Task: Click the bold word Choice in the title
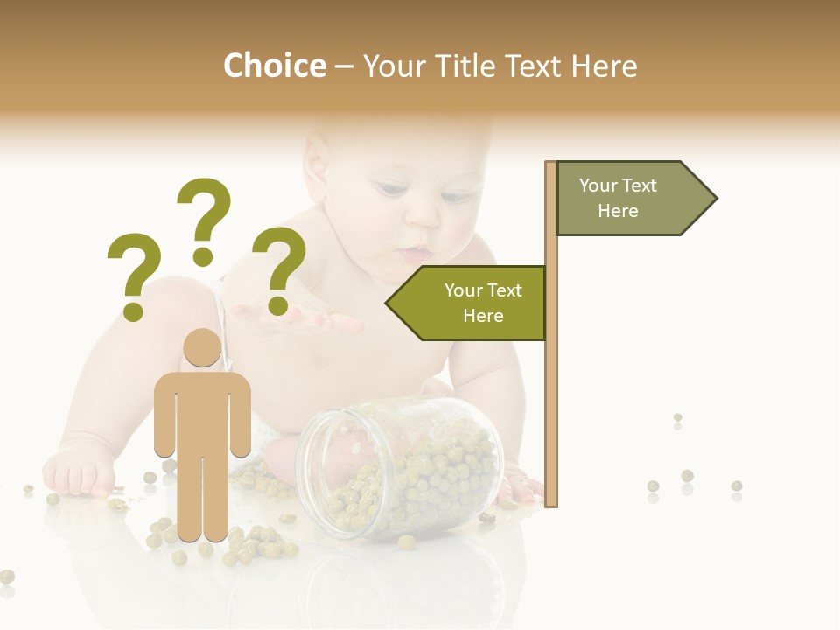274,66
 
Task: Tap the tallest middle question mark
204,219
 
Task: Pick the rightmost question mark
279,269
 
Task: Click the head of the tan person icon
202,348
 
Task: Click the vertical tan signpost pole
551,350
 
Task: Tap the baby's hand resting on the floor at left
79,472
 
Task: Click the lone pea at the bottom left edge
7,576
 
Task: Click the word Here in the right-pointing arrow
618,211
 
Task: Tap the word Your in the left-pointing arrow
464,290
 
